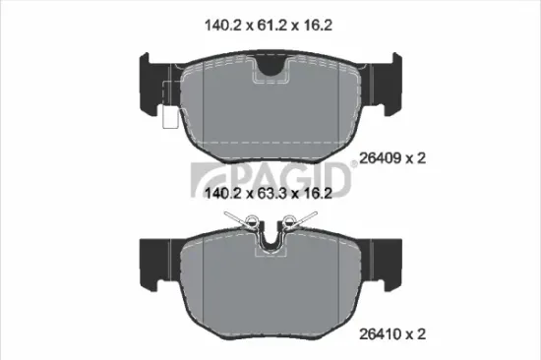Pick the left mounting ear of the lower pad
pyautogui.click(x=150, y=258)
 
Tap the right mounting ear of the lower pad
pyautogui.click(x=390, y=258)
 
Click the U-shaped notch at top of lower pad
pyautogui.click(x=270, y=240)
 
